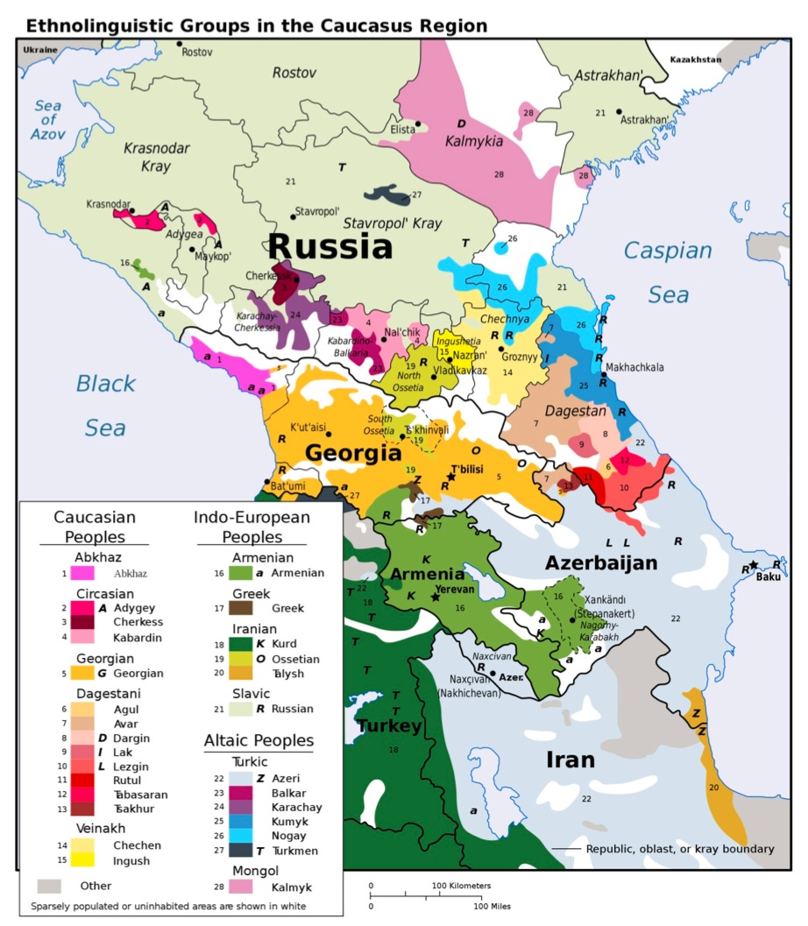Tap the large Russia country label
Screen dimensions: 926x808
330,246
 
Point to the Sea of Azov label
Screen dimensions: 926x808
47,120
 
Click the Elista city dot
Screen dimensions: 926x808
419,124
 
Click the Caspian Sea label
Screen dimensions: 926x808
668,272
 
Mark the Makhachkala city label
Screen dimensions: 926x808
638,367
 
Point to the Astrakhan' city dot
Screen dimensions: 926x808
619,112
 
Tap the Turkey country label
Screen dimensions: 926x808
389,726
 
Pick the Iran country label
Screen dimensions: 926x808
570,759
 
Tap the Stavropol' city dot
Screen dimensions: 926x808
293,216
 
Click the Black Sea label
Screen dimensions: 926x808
105,405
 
